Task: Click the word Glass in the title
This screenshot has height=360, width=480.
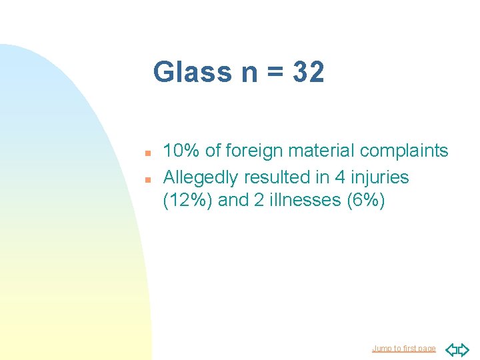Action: pyautogui.click(x=192, y=72)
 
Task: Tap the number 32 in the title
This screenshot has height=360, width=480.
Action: pyautogui.click(x=308, y=72)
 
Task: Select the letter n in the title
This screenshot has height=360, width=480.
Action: pyautogui.click(x=249, y=73)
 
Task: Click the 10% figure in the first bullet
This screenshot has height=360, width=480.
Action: pyautogui.click(x=181, y=151)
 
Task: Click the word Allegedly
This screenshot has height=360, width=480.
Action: pyautogui.click(x=201, y=178)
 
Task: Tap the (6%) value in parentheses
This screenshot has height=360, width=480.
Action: pyautogui.click(x=366, y=201)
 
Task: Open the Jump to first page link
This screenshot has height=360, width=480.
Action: pyautogui.click(x=403, y=349)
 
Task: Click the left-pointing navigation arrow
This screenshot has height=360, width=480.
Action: pyautogui.click(x=451, y=349)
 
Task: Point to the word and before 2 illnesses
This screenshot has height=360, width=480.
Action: pyautogui.click(x=233, y=201)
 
